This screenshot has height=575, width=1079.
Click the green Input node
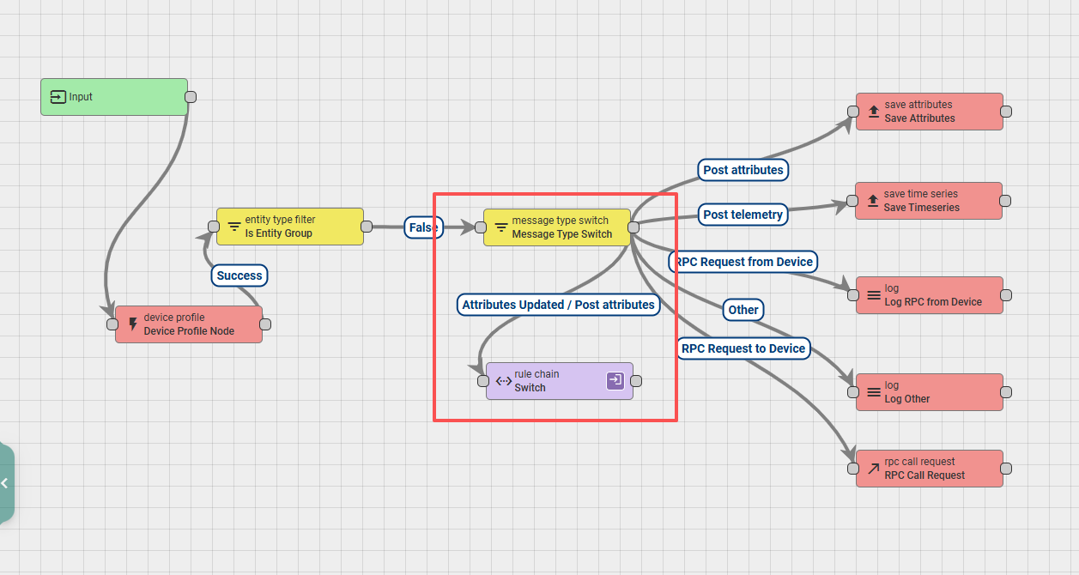coord(114,97)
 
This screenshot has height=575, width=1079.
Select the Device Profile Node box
coord(189,324)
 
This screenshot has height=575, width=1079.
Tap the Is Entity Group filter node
coord(290,227)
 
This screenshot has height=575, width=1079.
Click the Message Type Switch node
coord(557,227)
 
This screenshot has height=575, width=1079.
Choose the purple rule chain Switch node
coord(560,381)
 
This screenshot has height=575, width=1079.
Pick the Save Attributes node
coord(930,112)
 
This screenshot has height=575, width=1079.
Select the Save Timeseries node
coord(929,201)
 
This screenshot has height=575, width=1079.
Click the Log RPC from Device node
coord(930,295)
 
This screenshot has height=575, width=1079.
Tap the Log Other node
coord(930,392)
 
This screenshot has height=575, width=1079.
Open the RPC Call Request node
coord(930,469)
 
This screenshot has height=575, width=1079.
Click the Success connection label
coord(239,275)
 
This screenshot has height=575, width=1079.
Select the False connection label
coord(423,227)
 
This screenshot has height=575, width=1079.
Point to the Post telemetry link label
coord(743,215)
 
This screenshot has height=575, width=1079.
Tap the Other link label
coord(743,310)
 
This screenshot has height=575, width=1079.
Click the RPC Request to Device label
coord(743,348)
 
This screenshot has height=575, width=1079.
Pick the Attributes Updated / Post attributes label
coord(558,305)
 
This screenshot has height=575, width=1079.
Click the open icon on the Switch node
coord(615,380)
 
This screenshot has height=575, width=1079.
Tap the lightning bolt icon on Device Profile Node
coord(133,324)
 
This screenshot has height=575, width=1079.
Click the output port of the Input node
coord(191,97)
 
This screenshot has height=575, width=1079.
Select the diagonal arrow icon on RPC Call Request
coord(874,469)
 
